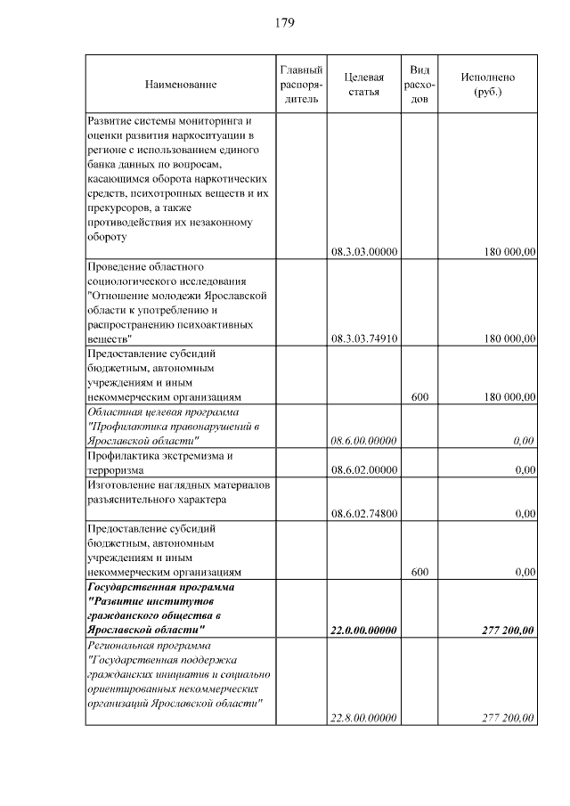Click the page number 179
(x=285, y=22)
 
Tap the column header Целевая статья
(x=363, y=85)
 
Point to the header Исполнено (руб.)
(x=487, y=85)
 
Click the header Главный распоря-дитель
(x=301, y=85)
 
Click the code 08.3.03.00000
(x=363, y=252)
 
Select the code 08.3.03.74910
(x=363, y=338)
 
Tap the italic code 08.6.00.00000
(x=363, y=440)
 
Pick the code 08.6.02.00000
(x=363, y=469)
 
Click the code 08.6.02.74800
(x=363, y=513)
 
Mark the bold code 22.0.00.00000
(x=363, y=631)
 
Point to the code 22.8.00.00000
(x=363, y=718)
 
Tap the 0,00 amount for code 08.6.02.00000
(x=525, y=469)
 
